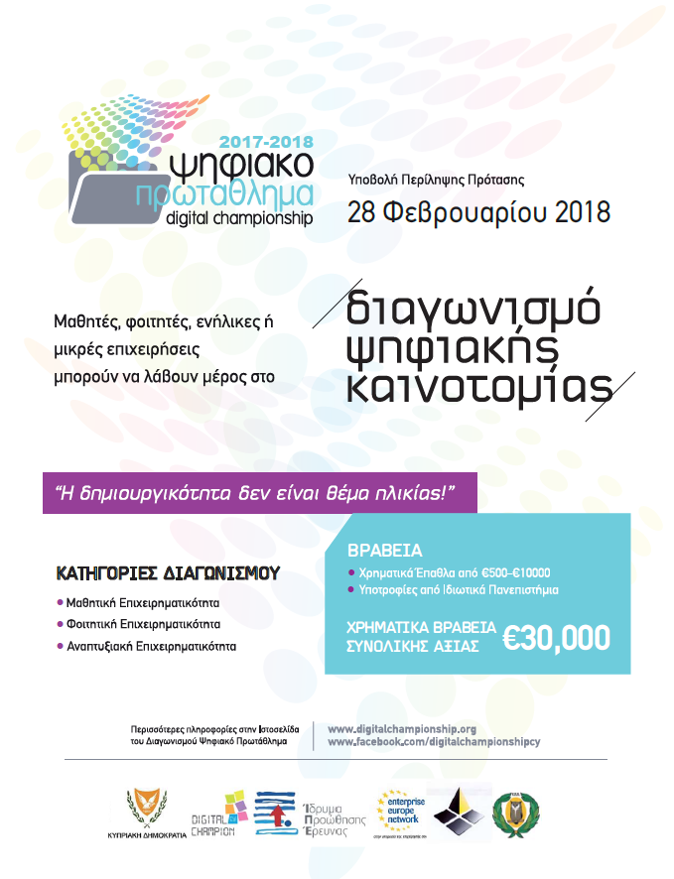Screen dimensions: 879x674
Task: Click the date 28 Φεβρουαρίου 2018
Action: pos(477,212)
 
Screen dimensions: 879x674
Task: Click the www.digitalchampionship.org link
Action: pos(402,728)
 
